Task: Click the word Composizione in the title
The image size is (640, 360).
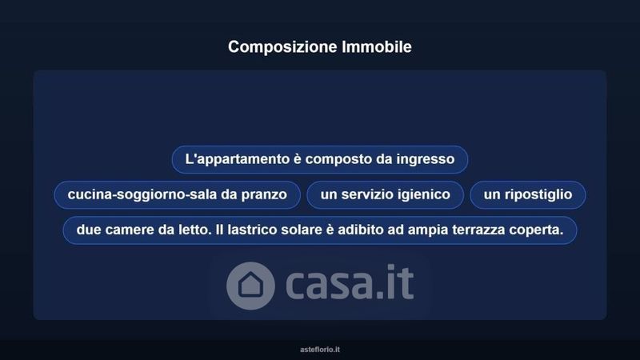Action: pyautogui.click(x=282, y=47)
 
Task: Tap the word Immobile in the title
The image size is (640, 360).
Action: pyautogui.click(x=377, y=46)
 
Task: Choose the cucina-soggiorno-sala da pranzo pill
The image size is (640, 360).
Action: pyautogui.click(x=177, y=194)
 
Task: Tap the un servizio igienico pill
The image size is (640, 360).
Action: pyautogui.click(x=386, y=194)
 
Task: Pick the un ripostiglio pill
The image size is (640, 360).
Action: pyautogui.click(x=528, y=194)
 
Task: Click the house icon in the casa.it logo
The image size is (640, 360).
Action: pyautogui.click(x=250, y=286)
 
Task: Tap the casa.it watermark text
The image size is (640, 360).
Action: pyautogui.click(x=350, y=282)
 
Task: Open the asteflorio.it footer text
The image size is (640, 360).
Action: pyautogui.click(x=320, y=350)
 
